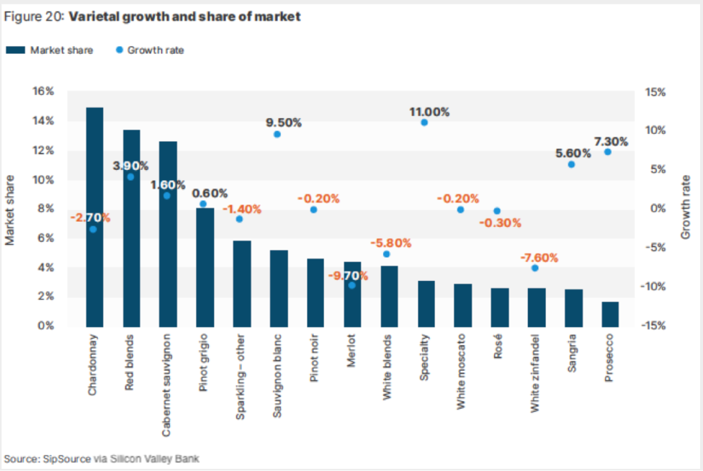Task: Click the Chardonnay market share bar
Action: pyautogui.click(x=94, y=216)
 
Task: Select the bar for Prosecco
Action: pyautogui.click(x=610, y=314)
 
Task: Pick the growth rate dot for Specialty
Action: pyautogui.click(x=424, y=122)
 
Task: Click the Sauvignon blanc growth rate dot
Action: pyautogui.click(x=277, y=135)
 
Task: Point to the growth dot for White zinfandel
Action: pyautogui.click(x=534, y=268)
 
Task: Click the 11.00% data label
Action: pyautogui.click(x=429, y=112)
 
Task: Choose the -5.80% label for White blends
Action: pyautogui.click(x=390, y=243)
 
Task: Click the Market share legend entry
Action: pyautogui.click(x=50, y=50)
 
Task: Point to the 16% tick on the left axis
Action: pyautogui.click(x=44, y=91)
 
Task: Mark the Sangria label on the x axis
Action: pyautogui.click(x=573, y=354)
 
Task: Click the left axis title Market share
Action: pyautogui.click(x=11, y=209)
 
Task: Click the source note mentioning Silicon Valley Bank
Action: pyautogui.click(x=101, y=459)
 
